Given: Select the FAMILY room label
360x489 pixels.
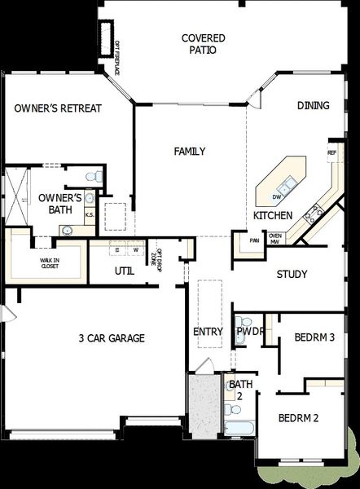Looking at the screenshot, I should tap(190, 151).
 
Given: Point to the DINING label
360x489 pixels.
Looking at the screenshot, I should tap(313, 105).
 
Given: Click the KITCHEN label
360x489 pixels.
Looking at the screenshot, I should tap(272, 216).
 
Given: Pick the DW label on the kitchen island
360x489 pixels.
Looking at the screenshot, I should tap(277, 196).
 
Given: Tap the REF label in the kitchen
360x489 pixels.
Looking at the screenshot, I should tap(331, 152).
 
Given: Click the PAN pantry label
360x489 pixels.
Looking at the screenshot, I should tap(254, 240).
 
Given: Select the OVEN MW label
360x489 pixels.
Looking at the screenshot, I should tap(275, 239).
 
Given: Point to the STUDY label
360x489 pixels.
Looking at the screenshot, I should tap(292, 275).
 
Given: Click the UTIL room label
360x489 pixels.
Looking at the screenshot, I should tap(125, 270).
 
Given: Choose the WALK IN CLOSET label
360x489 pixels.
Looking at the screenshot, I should tap(50, 262).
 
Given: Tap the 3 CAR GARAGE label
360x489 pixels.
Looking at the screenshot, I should tap(112, 337).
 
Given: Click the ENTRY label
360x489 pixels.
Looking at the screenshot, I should tap(208, 332).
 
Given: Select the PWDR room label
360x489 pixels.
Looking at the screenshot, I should tap(250, 332).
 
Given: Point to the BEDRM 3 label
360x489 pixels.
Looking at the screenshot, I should tap(314, 337).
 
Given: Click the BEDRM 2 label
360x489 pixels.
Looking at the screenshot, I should tap(298, 418).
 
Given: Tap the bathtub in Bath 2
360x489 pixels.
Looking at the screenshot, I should tap(239, 427).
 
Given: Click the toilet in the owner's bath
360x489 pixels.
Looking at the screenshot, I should tap(96, 175).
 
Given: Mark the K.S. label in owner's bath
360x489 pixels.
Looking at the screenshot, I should tap(90, 215).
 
